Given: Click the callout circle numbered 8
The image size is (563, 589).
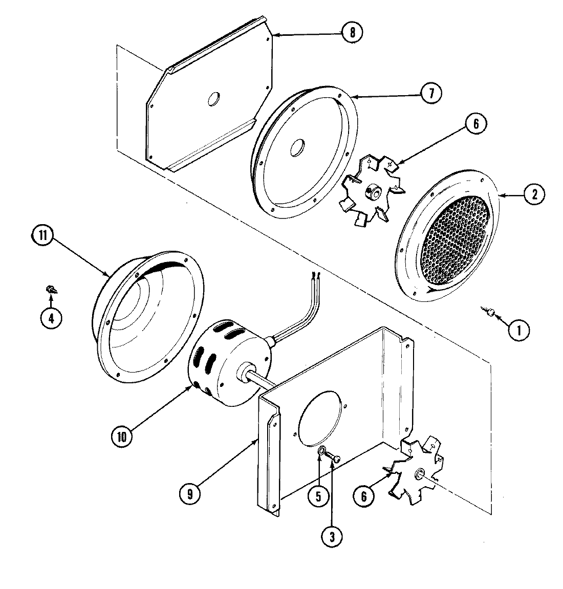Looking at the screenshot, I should click(352, 32).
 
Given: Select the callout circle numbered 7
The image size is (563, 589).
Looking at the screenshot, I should click(430, 93).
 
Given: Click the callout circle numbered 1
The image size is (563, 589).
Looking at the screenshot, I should click(519, 331).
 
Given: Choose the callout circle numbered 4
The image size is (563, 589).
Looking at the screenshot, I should click(51, 318).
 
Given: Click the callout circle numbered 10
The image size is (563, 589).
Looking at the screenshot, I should click(122, 436).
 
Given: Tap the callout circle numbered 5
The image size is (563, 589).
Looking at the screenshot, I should click(318, 496).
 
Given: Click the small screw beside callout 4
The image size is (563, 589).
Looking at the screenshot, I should click(51, 290).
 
